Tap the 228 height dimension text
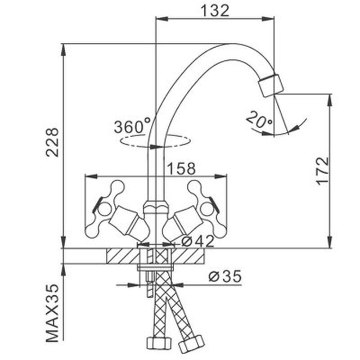click(x=53, y=142)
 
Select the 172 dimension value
click(x=322, y=171)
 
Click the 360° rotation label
click(x=131, y=126)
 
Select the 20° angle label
click(x=259, y=120)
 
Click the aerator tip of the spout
click(x=270, y=85)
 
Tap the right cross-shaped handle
click(x=205, y=208)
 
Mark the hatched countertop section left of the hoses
click(x=122, y=256)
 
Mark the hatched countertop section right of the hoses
click(x=189, y=256)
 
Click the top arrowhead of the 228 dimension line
click(x=63, y=47)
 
